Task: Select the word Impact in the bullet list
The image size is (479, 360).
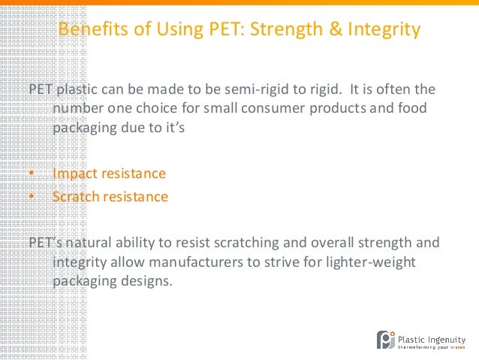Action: [x=74, y=174]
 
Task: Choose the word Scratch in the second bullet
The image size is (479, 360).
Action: [x=77, y=197]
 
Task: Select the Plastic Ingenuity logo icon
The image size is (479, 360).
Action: [x=385, y=340]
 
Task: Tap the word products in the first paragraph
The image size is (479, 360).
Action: [x=333, y=109]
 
